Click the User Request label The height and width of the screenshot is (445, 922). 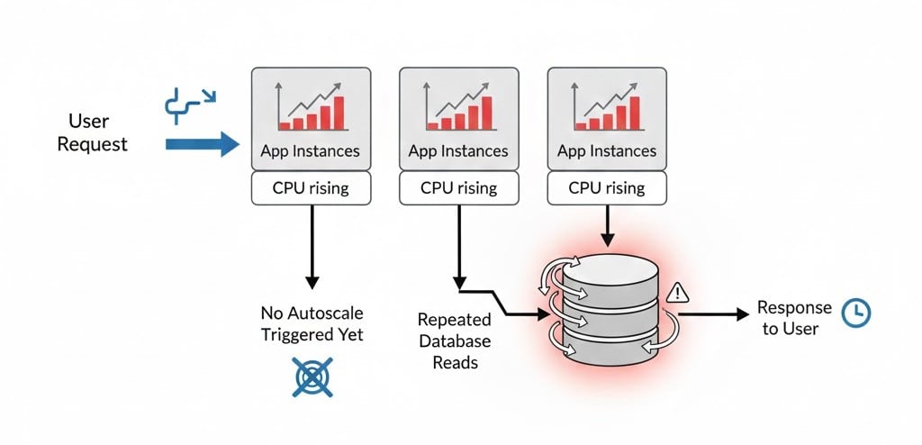click(x=93, y=132)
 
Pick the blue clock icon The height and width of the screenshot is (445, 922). click(x=855, y=312)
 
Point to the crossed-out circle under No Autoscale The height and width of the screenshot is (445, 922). click(x=312, y=377)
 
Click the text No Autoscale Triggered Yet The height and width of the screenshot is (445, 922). click(x=312, y=323)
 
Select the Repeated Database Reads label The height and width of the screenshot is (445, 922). click(x=455, y=341)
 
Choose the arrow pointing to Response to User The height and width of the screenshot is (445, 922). click(x=716, y=313)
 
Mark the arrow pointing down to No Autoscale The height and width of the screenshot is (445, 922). click(x=312, y=243)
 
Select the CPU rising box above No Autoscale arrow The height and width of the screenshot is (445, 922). click(x=311, y=188)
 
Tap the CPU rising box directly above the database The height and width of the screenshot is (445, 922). click(x=607, y=188)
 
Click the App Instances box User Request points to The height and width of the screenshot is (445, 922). click(x=310, y=117)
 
